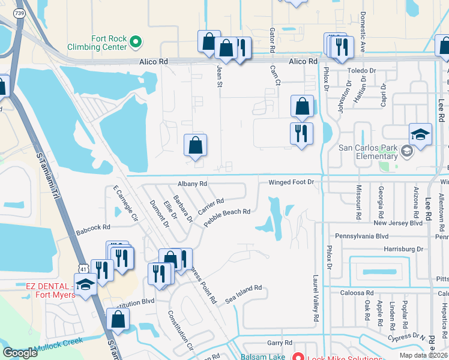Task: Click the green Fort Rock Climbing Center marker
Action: (x=136, y=42)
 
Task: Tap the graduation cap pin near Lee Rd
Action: (x=420, y=136)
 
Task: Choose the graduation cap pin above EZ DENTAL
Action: (x=85, y=286)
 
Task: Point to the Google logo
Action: (x=20, y=352)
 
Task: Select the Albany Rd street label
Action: (x=192, y=184)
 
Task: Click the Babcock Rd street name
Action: (x=93, y=227)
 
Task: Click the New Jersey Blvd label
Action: (x=398, y=223)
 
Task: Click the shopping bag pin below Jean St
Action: (x=195, y=146)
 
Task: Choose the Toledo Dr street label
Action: (x=361, y=70)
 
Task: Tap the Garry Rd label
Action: (x=279, y=343)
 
